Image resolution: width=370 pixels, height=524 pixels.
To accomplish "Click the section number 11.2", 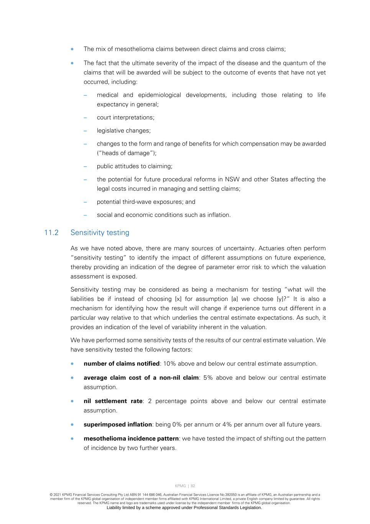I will (51, 233).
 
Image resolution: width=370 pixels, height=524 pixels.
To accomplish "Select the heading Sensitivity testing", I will (100, 233).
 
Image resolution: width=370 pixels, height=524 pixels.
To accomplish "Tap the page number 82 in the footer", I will (193, 486).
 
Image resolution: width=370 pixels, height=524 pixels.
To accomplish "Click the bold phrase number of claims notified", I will (122, 364).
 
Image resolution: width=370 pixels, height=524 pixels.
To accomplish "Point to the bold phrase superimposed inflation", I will (118, 425).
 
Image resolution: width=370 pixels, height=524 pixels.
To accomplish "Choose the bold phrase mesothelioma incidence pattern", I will (131, 438).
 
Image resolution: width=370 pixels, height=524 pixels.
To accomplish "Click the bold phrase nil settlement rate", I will (113, 401).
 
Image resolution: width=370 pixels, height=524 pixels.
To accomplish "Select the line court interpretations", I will (125, 117).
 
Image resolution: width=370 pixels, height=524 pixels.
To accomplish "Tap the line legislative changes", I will (123, 131).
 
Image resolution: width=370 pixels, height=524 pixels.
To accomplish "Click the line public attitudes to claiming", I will (135, 166).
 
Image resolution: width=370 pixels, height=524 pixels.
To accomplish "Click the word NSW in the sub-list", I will (232, 179).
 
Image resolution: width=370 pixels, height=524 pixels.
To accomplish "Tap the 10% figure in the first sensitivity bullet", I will (169, 364).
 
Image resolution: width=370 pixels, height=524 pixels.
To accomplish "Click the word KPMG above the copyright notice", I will (180, 486).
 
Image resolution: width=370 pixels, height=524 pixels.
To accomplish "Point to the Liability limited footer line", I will (184, 507).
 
